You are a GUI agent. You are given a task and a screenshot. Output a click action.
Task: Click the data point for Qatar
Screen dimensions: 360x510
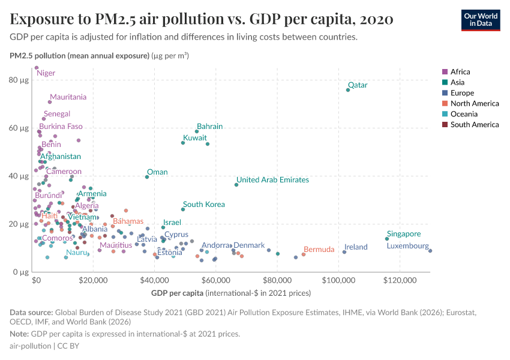[348, 90]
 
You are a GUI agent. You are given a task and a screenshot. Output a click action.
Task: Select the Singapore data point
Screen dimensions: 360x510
[387, 239]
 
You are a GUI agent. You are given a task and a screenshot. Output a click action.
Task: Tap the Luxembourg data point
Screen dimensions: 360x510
[430, 251]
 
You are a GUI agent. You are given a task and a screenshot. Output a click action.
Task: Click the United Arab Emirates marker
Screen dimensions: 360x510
[236, 185]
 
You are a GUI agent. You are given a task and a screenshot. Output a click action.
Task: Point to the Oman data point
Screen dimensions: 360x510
[147, 177]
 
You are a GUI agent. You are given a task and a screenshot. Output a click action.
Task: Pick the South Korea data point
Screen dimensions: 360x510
[183, 209]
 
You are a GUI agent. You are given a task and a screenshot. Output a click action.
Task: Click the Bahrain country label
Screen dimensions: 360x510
[209, 127]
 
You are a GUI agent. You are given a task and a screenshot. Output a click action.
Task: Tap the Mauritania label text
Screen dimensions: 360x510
[68, 97]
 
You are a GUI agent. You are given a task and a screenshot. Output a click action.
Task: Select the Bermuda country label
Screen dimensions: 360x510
[319, 250]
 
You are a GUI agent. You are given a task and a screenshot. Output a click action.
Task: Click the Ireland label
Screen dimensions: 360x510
[356, 247]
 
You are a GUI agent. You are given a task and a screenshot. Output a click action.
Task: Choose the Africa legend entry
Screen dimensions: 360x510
[460, 72]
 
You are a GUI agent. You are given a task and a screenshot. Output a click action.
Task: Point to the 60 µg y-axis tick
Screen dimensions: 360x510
[20, 128]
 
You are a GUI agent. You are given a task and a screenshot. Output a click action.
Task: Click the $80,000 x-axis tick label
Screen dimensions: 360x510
[278, 281]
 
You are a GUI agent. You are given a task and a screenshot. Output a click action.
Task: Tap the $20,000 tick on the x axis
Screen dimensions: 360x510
[93, 281]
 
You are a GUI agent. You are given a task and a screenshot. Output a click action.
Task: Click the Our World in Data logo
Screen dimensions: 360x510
[481, 19]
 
